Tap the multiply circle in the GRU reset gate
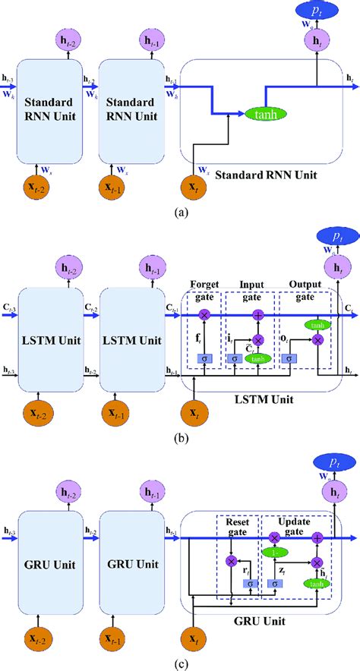point(231,560)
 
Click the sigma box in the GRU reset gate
point(248,583)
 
